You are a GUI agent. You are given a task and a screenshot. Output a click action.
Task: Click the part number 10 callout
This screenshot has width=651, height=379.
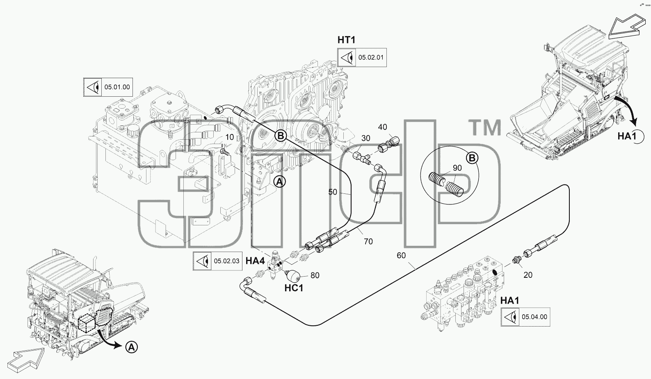(230, 137)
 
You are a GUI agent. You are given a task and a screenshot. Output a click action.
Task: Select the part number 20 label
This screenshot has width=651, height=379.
(528, 275)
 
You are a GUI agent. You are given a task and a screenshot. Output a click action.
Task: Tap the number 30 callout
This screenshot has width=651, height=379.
(365, 138)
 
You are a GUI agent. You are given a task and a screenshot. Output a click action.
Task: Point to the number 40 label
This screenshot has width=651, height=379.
(382, 127)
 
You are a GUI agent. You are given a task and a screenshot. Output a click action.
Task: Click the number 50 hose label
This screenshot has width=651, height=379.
(333, 192)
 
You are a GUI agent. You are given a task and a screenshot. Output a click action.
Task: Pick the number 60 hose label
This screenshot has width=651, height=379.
(401, 255)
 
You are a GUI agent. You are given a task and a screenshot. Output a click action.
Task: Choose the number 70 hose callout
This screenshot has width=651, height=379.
(368, 241)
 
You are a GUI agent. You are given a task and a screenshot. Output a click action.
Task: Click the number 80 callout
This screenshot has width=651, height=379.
(315, 275)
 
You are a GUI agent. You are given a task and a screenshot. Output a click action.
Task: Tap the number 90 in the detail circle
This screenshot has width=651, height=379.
(457, 168)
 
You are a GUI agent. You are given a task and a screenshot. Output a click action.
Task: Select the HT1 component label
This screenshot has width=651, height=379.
(347, 40)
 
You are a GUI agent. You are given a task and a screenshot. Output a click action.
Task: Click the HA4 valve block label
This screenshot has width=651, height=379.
(255, 261)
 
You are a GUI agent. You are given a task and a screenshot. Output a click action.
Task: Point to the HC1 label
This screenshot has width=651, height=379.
(294, 288)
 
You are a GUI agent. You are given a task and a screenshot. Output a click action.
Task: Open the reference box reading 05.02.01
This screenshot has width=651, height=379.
(362, 57)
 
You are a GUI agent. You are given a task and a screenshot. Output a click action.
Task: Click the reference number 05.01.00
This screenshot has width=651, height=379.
(117, 87)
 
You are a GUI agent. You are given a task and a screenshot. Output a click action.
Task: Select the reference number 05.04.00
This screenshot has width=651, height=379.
(535, 317)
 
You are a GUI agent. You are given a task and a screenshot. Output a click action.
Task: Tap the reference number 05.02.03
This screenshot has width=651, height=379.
(227, 261)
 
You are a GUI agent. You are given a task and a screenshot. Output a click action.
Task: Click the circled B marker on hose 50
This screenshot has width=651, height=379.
(281, 136)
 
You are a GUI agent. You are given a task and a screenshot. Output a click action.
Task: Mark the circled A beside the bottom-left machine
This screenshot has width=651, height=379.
(131, 347)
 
